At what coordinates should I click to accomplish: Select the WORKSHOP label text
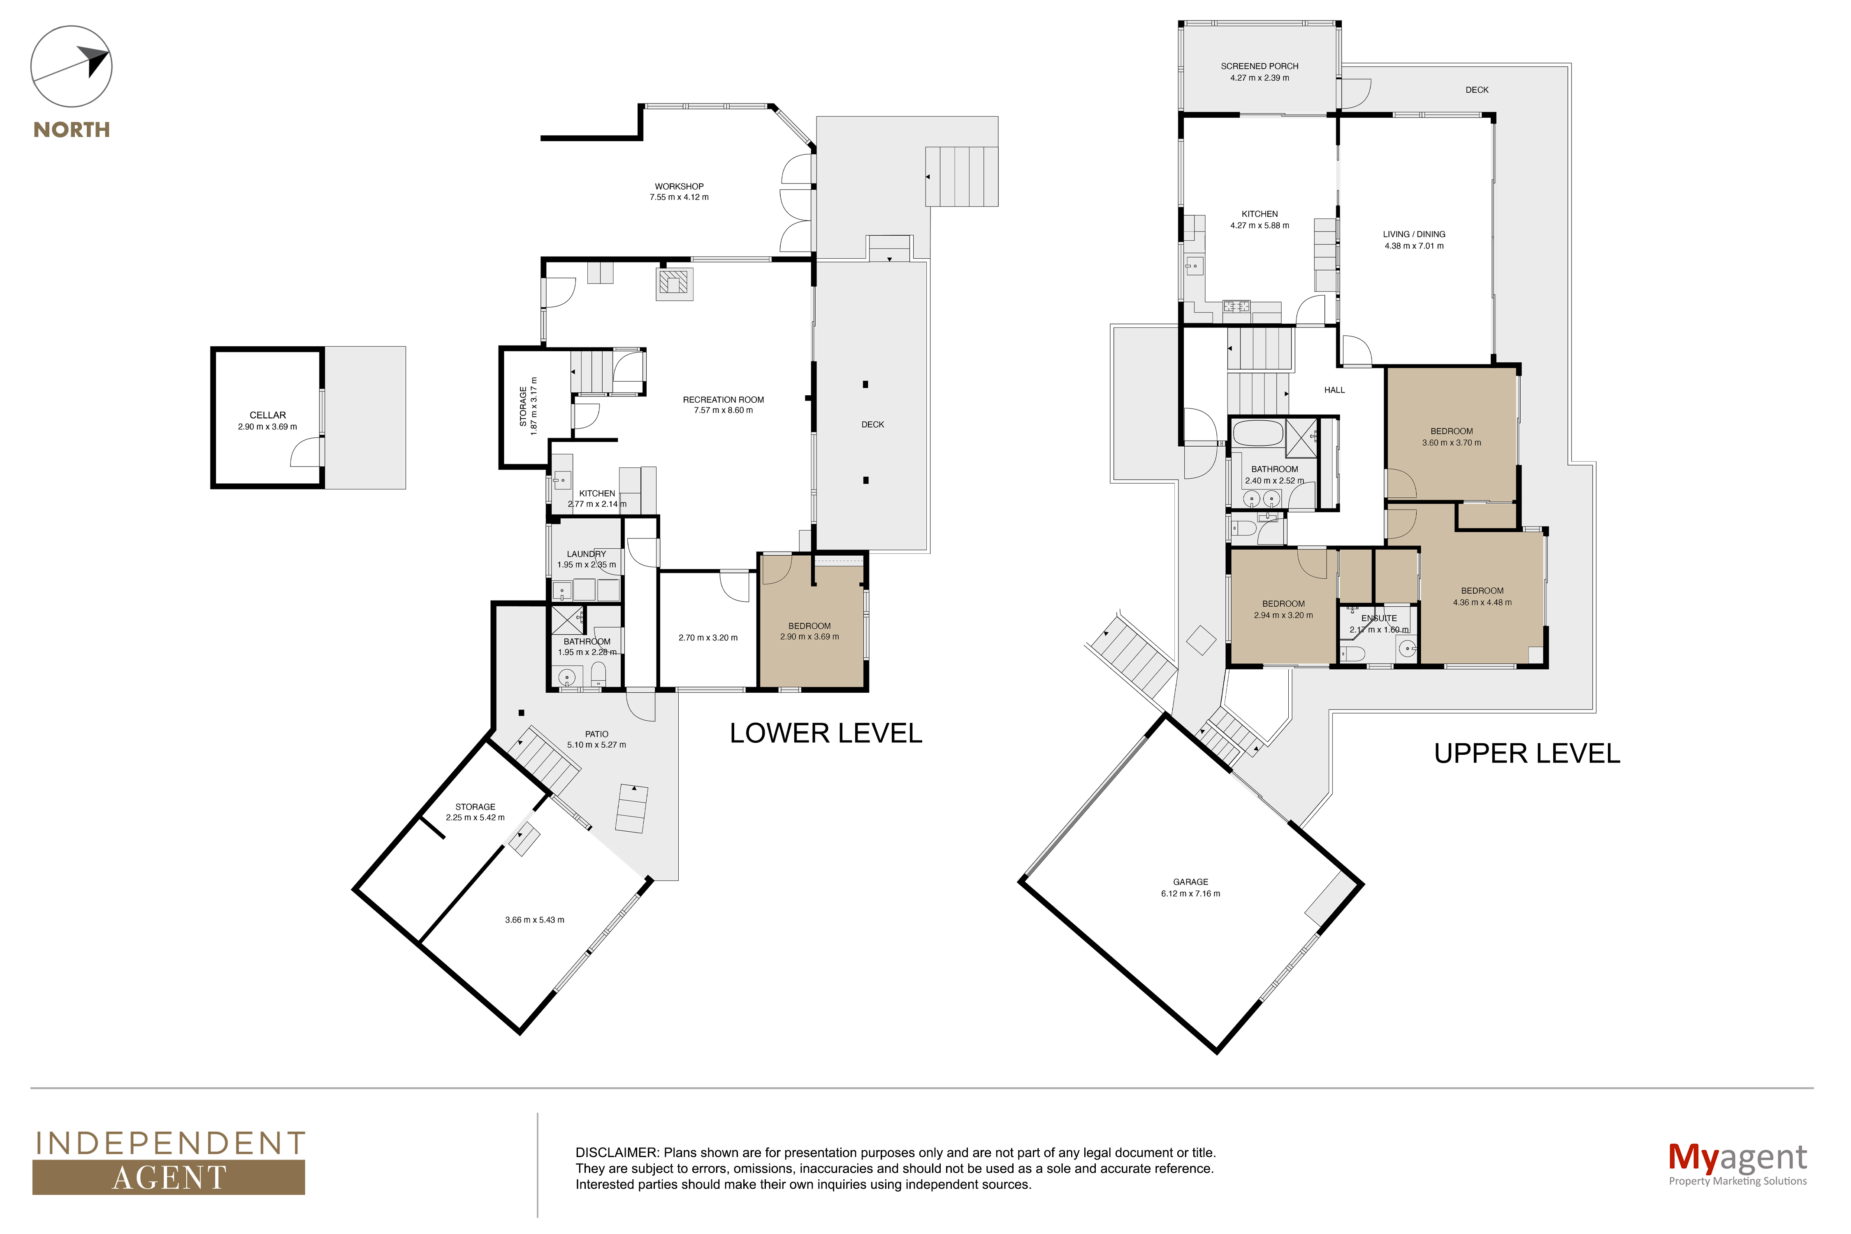pyautogui.click(x=679, y=186)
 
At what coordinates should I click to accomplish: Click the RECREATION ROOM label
pyautogui.click(x=723, y=400)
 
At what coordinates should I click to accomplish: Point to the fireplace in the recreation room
pyautogui.click(x=675, y=283)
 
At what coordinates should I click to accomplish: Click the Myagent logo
pyautogui.click(x=1737, y=1163)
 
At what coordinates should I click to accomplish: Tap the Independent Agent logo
pyautogui.click(x=169, y=1162)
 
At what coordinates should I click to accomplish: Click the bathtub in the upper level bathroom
pyautogui.click(x=1256, y=434)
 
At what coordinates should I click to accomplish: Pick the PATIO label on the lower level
pyautogui.click(x=596, y=734)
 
